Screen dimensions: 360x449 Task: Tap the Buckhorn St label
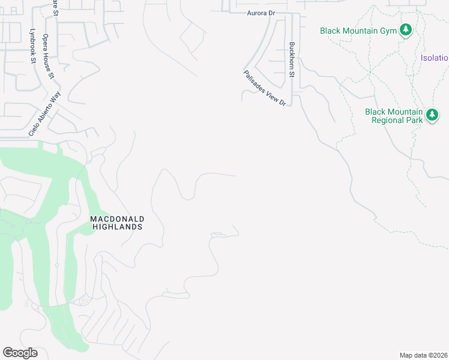292,59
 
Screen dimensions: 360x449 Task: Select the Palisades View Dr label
265,88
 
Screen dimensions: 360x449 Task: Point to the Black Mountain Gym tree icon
406,30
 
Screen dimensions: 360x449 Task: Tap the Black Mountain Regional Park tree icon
432,115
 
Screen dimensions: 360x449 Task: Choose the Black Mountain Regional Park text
394,115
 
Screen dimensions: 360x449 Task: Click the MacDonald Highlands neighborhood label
117,223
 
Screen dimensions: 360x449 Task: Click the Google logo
20,353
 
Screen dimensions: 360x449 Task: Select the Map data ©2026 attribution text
424,355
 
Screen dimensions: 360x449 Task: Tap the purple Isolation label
435,58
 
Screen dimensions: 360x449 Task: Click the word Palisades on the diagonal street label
254,80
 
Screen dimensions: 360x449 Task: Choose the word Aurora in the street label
252,13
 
